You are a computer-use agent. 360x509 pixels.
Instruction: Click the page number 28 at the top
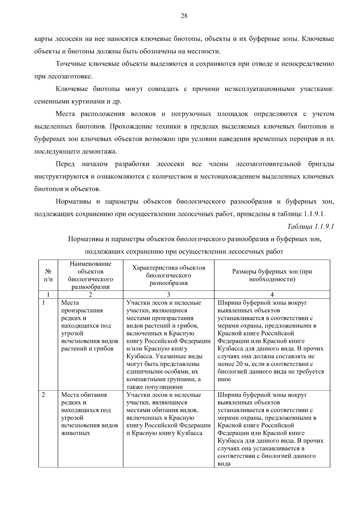184,16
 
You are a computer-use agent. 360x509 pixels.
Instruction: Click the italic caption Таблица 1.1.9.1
310,226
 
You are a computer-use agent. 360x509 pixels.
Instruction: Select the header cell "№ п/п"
48,275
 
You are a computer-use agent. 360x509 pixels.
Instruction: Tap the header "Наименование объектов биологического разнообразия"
90,275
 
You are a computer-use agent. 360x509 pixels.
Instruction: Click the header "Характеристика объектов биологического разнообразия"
169,275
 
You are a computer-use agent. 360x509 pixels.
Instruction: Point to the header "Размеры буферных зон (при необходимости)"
272,275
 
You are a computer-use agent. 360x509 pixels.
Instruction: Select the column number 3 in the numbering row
169,295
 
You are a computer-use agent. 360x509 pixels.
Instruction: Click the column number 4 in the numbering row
272,295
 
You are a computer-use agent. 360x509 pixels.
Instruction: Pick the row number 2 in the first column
43,395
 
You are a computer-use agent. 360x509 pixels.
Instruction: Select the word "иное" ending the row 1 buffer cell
224,379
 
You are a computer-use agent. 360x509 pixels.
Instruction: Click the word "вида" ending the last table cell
224,464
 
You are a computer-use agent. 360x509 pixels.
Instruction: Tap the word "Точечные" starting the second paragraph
69,64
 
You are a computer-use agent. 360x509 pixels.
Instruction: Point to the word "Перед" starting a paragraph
65,164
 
